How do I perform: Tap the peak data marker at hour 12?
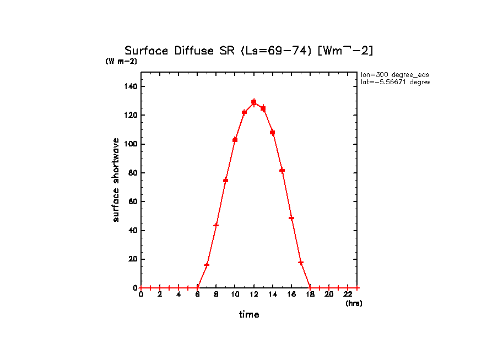coord(254,102)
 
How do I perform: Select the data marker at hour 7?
coord(207,265)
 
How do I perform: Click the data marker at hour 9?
coord(225,180)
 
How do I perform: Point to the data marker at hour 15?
coord(282,170)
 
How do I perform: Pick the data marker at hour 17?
coord(301,263)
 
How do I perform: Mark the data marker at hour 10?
coord(235,140)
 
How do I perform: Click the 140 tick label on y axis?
coord(131,86)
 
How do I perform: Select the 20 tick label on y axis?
coord(133,259)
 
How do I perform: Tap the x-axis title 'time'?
coord(249,315)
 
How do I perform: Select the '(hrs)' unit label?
coord(354,303)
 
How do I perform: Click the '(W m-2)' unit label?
coord(121,61)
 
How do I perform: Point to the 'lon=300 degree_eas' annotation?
coord(394,74)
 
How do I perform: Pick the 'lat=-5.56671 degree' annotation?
coord(394,82)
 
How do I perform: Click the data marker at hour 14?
coord(272,132)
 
